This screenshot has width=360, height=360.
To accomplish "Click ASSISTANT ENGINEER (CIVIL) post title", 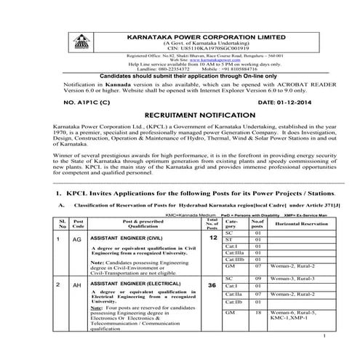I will coord(124,238).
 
